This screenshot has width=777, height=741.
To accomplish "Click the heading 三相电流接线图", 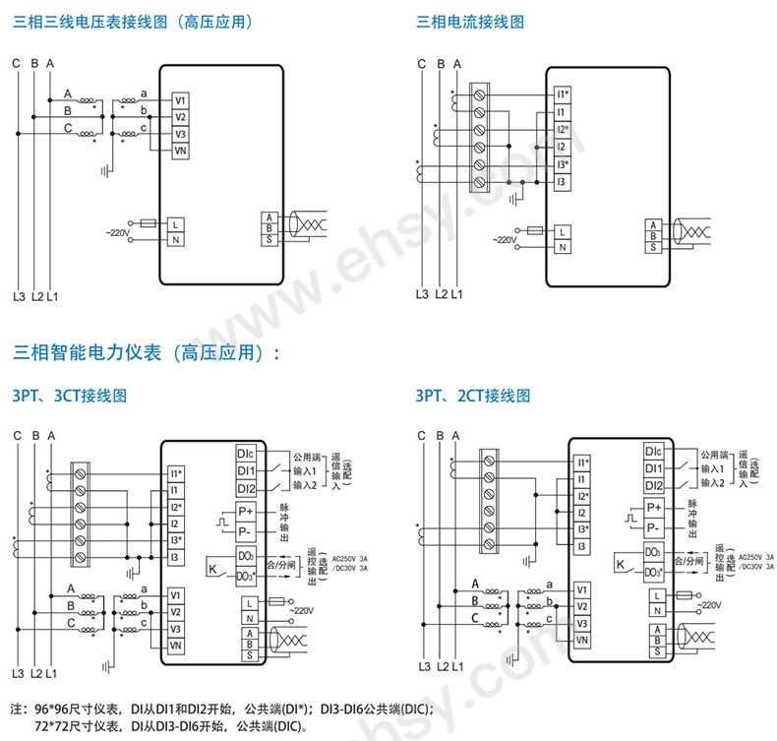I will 470,21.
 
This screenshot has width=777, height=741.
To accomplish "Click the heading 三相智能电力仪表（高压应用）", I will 146,352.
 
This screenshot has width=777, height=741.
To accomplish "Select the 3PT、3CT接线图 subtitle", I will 70,396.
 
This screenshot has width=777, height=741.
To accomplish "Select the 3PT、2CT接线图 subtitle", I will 473,396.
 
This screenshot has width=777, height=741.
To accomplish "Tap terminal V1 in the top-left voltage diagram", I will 180,100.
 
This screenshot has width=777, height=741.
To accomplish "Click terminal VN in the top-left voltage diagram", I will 180,151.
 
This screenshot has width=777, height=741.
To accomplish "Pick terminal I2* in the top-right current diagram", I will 563,130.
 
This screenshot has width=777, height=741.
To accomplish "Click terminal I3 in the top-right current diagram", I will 563,182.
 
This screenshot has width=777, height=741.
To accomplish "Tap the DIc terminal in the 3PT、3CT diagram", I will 246,454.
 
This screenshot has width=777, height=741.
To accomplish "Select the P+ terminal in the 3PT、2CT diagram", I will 654,507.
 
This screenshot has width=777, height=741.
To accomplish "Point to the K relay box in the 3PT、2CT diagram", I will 620,564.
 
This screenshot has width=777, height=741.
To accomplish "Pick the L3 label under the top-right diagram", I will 421,293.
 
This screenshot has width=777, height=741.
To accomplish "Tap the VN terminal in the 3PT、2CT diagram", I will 582,640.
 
